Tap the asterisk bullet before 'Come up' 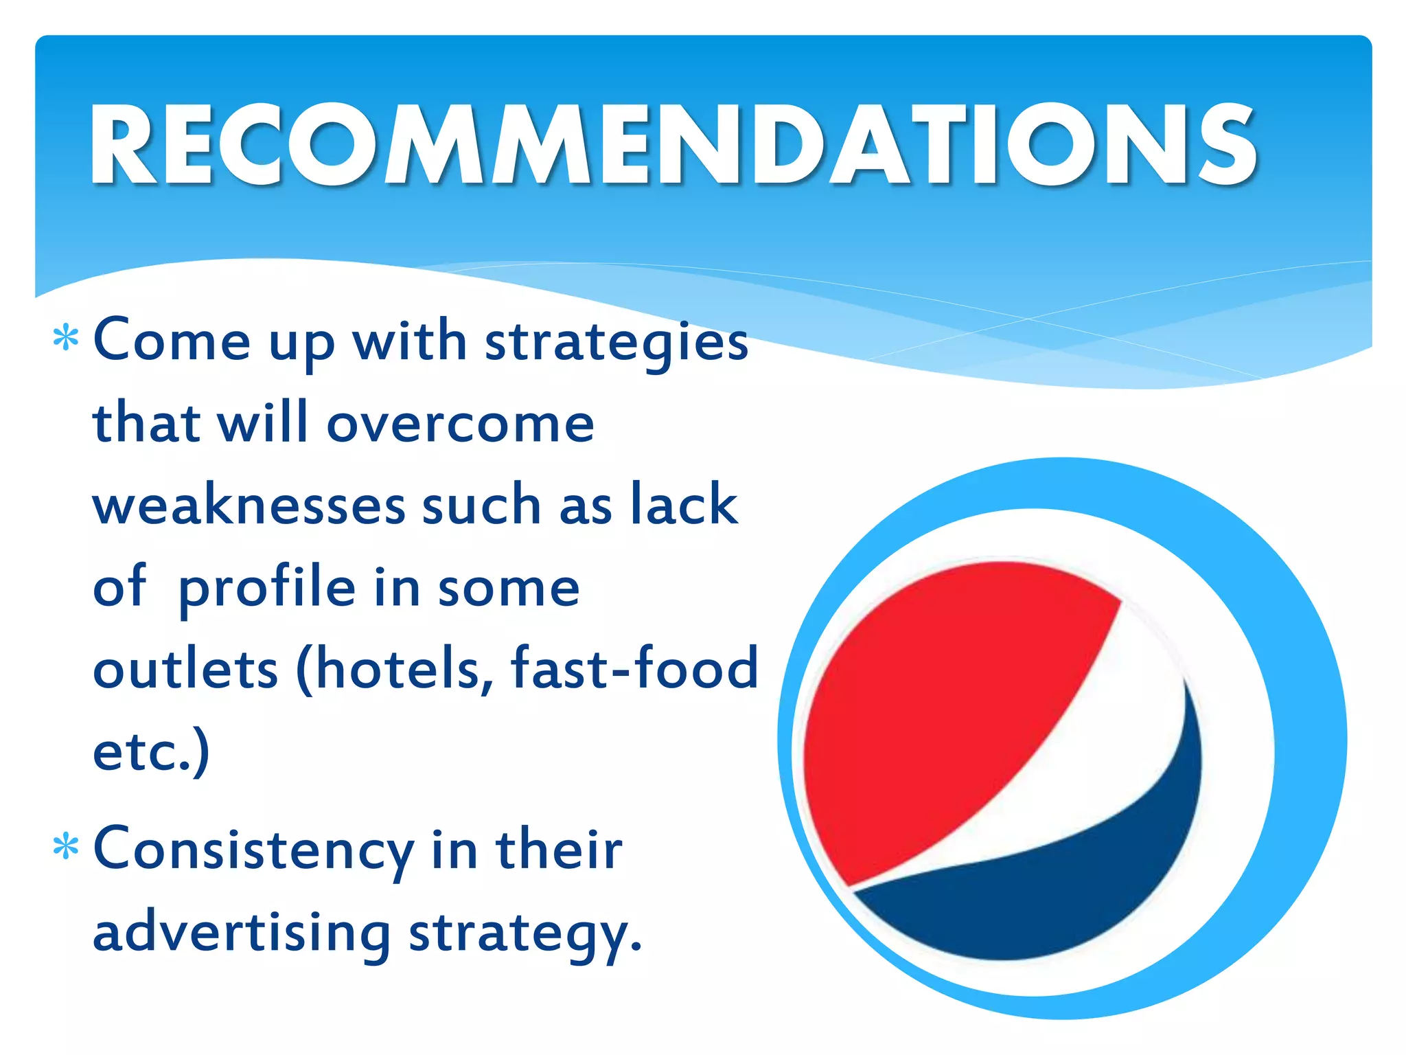[x=66, y=339]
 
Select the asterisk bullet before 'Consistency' [x=66, y=848]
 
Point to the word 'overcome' [x=460, y=423]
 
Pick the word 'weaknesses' [x=249, y=506]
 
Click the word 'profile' [x=266, y=589]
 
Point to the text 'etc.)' [x=151, y=751]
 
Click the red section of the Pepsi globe [x=947, y=707]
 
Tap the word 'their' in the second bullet [x=559, y=849]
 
